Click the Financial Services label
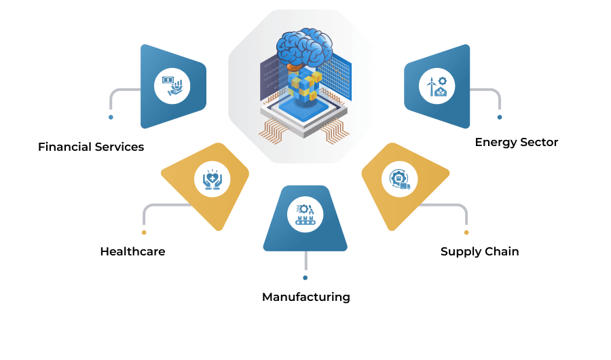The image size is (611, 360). tap(91, 147)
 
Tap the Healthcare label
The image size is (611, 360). tap(132, 251)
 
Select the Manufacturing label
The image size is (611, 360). tap(306, 297)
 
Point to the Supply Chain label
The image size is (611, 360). tap(480, 251)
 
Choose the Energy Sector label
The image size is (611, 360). tap(517, 143)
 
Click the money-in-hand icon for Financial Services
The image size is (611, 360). tap(172, 86)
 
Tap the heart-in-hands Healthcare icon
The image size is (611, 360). tap(212, 179)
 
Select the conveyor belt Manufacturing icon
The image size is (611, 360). tap(305, 215)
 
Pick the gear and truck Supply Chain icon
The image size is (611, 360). tap(400, 179)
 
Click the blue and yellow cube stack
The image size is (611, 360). tap(305, 86)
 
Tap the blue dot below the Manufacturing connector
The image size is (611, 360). tap(305, 278)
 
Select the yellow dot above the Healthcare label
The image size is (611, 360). tap(144, 232)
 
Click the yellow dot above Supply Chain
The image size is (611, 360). tap(466, 232)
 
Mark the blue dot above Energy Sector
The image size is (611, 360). tap(500, 117)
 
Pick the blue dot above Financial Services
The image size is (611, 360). tap(111, 117)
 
